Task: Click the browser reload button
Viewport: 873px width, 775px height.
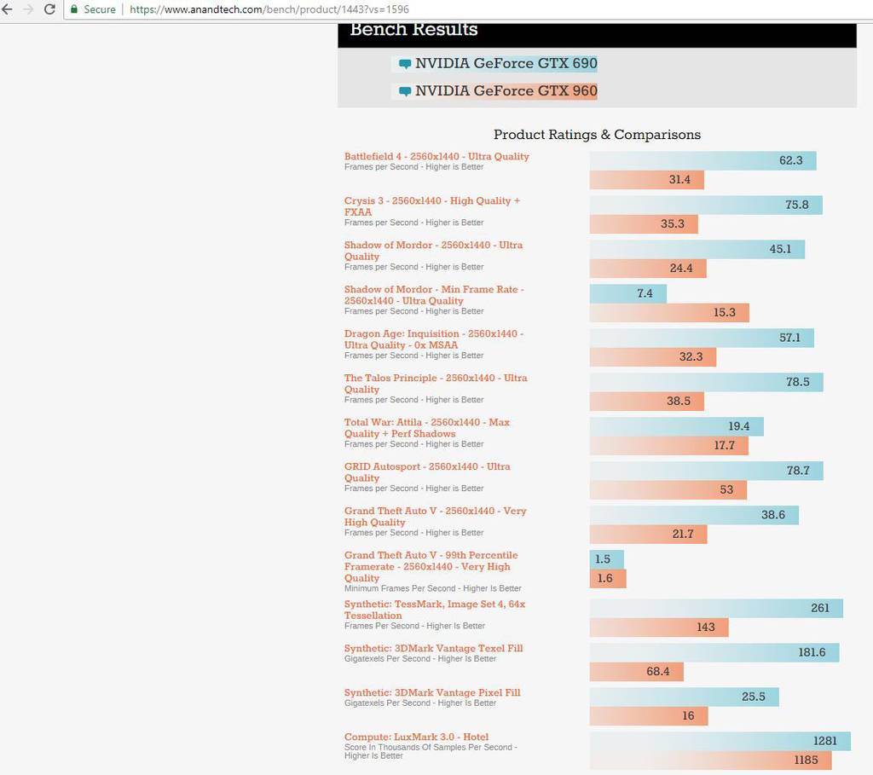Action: pyautogui.click(x=49, y=9)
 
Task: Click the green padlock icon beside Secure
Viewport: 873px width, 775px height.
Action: pyautogui.click(x=74, y=9)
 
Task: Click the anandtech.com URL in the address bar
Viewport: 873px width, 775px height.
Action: pyautogui.click(x=269, y=9)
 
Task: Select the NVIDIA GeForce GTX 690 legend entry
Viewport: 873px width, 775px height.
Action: pyautogui.click(x=506, y=64)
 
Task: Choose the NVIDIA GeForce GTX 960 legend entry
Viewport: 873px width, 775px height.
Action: pyautogui.click(x=506, y=91)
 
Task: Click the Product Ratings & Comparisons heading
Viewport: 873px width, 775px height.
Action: pyautogui.click(x=597, y=135)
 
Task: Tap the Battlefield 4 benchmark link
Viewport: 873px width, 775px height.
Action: pyautogui.click(x=436, y=157)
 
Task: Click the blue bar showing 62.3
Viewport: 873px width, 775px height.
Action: pyautogui.click(x=702, y=160)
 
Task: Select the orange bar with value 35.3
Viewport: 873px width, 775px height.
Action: pyautogui.click(x=644, y=224)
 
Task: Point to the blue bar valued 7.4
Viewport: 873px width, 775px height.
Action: pyautogui.click(x=628, y=293)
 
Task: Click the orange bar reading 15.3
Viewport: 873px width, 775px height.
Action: pyautogui.click(x=669, y=313)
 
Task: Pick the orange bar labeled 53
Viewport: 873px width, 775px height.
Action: pyautogui.click(x=668, y=490)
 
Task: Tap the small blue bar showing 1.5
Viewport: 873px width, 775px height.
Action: pyautogui.click(x=606, y=559)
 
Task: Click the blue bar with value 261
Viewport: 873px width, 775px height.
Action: pyautogui.click(x=716, y=608)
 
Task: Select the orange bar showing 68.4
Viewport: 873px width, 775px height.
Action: pyautogui.click(x=636, y=672)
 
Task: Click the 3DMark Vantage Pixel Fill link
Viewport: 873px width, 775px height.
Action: pyautogui.click(x=432, y=693)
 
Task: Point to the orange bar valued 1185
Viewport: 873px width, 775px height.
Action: pyautogui.click(x=710, y=761)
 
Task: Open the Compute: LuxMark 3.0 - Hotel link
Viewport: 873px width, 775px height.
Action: pyautogui.click(x=416, y=737)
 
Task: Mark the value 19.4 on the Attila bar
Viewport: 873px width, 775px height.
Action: pyautogui.click(x=739, y=426)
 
